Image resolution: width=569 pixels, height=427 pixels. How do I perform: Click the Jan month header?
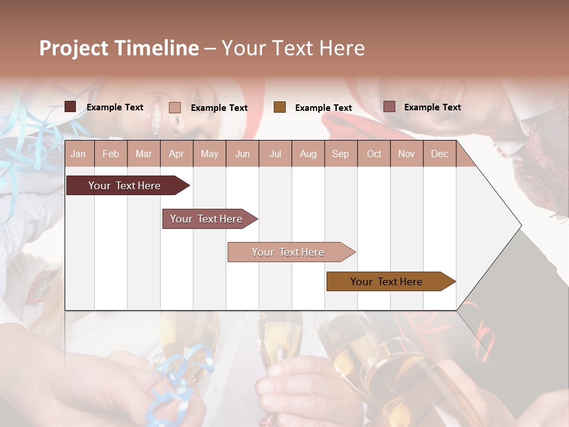click(x=78, y=154)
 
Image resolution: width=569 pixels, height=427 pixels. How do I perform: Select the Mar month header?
click(x=143, y=154)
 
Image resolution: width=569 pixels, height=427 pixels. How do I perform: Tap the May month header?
click(x=209, y=154)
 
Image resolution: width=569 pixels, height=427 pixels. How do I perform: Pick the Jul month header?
click(x=275, y=154)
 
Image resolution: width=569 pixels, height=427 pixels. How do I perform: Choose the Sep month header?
click(x=340, y=154)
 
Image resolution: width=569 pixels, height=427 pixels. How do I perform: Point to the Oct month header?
click(x=374, y=154)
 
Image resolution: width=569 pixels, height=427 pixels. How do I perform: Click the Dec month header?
click(x=439, y=154)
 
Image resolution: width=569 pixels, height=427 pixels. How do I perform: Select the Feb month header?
click(x=111, y=154)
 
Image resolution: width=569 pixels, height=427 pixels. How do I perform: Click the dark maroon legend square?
click(x=71, y=107)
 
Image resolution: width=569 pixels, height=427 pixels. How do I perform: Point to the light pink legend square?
click(x=175, y=107)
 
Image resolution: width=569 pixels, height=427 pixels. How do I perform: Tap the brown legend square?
click(x=280, y=107)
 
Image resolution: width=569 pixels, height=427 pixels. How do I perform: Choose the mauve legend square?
click(x=389, y=107)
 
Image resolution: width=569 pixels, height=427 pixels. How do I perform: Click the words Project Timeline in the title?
click(x=119, y=48)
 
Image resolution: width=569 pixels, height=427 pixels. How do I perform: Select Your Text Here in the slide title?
click(x=293, y=48)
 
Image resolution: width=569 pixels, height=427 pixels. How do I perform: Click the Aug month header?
click(x=308, y=154)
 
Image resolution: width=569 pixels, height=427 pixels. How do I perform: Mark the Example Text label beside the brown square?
click(x=324, y=108)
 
